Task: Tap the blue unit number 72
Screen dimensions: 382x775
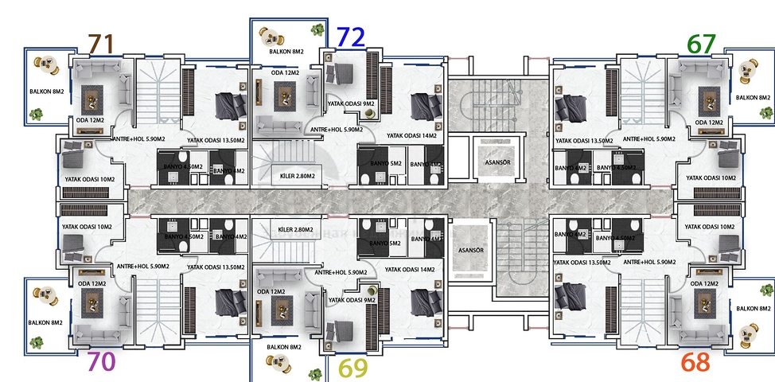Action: (351, 37)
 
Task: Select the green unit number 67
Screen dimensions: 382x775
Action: (702, 44)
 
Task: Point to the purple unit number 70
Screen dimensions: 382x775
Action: (101, 361)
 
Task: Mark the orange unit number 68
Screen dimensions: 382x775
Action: (695, 362)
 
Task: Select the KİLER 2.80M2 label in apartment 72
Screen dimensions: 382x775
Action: (294, 177)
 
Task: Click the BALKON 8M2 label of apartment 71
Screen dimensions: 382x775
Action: (45, 92)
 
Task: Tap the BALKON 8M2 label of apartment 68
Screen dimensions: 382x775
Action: (753, 308)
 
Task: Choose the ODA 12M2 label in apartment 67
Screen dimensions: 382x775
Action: (708, 123)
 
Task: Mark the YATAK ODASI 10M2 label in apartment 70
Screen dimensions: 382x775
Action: (85, 227)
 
